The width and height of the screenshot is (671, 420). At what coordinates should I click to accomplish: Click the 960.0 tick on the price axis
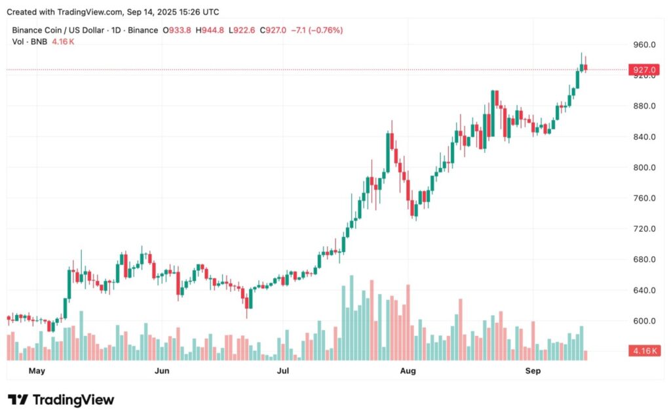[x=643, y=45]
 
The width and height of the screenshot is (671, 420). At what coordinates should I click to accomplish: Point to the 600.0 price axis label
[x=643, y=321]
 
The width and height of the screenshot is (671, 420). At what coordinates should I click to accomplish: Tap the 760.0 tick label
[x=643, y=198]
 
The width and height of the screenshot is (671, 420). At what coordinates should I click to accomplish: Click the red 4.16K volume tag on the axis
[x=643, y=351]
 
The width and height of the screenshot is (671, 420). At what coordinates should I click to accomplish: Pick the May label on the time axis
[x=37, y=371]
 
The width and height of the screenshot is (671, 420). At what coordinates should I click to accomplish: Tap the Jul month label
[x=282, y=371]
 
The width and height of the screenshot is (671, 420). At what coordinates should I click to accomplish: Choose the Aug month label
[x=408, y=371]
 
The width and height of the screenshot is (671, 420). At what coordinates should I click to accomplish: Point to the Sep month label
[x=533, y=371]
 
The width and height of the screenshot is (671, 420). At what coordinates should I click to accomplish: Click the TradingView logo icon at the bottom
[x=18, y=400]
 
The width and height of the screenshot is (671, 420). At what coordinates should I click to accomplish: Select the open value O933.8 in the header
[x=180, y=30]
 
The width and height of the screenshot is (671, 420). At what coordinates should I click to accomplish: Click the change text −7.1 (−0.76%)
[x=317, y=30]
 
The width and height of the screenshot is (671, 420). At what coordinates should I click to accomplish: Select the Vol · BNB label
[x=29, y=41]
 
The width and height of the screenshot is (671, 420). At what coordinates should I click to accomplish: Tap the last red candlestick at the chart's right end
[x=585, y=66]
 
